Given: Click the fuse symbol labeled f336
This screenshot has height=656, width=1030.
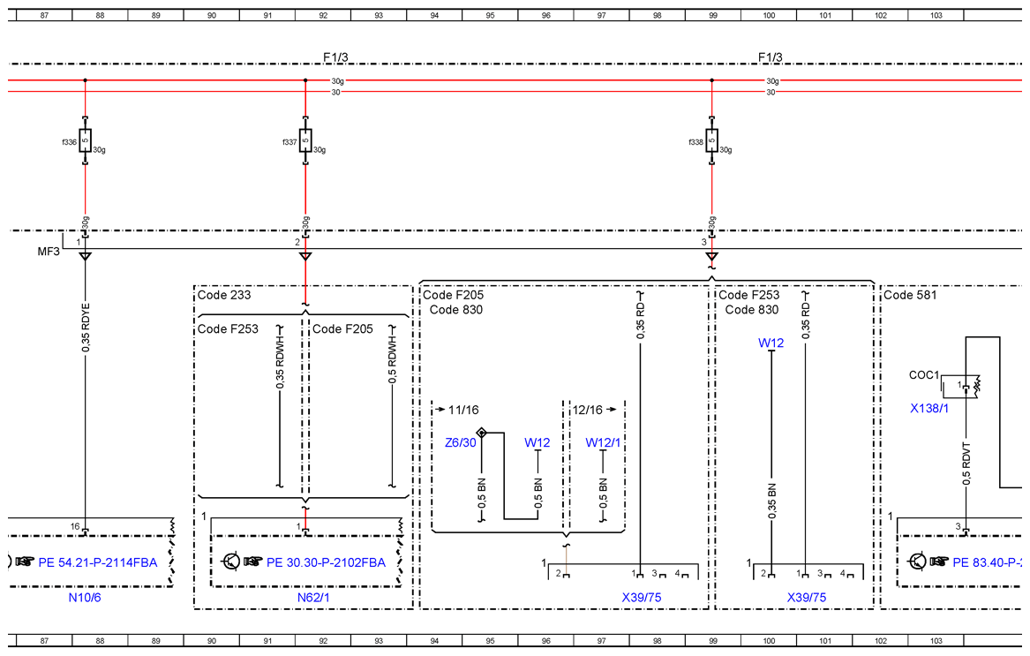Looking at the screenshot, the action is pyautogui.click(x=85, y=140).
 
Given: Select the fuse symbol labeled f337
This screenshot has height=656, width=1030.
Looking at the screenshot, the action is pyautogui.click(x=305, y=140).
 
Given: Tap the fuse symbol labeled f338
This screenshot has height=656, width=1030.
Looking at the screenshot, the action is pyautogui.click(x=711, y=140).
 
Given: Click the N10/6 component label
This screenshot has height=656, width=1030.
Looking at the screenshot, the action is pyautogui.click(x=85, y=598).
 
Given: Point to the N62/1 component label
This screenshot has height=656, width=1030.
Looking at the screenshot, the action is pyautogui.click(x=313, y=598).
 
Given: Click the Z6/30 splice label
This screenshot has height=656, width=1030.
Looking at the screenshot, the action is pyautogui.click(x=461, y=443).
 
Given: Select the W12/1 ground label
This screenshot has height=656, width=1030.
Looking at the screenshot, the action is pyautogui.click(x=603, y=443).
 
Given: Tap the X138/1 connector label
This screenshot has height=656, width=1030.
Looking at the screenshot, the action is pyautogui.click(x=929, y=408).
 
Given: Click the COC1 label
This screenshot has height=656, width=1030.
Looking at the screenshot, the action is pyautogui.click(x=923, y=374).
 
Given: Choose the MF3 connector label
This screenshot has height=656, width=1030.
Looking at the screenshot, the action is pyautogui.click(x=49, y=252).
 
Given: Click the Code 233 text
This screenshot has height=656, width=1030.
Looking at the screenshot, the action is pyautogui.click(x=224, y=295).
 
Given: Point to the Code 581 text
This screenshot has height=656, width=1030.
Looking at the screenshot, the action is pyautogui.click(x=910, y=295).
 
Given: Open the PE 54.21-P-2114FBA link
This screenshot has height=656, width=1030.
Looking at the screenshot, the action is pyautogui.click(x=98, y=562).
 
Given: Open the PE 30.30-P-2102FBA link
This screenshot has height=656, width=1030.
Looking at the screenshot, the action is pyautogui.click(x=326, y=562).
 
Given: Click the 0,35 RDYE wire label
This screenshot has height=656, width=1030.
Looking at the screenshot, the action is pyautogui.click(x=86, y=328).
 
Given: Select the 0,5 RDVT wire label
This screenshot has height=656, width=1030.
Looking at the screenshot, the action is pyautogui.click(x=966, y=464).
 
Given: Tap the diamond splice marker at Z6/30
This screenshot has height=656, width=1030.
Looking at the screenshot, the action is pyautogui.click(x=482, y=433).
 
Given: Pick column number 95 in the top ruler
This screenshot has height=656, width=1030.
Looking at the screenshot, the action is pyautogui.click(x=490, y=15).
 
